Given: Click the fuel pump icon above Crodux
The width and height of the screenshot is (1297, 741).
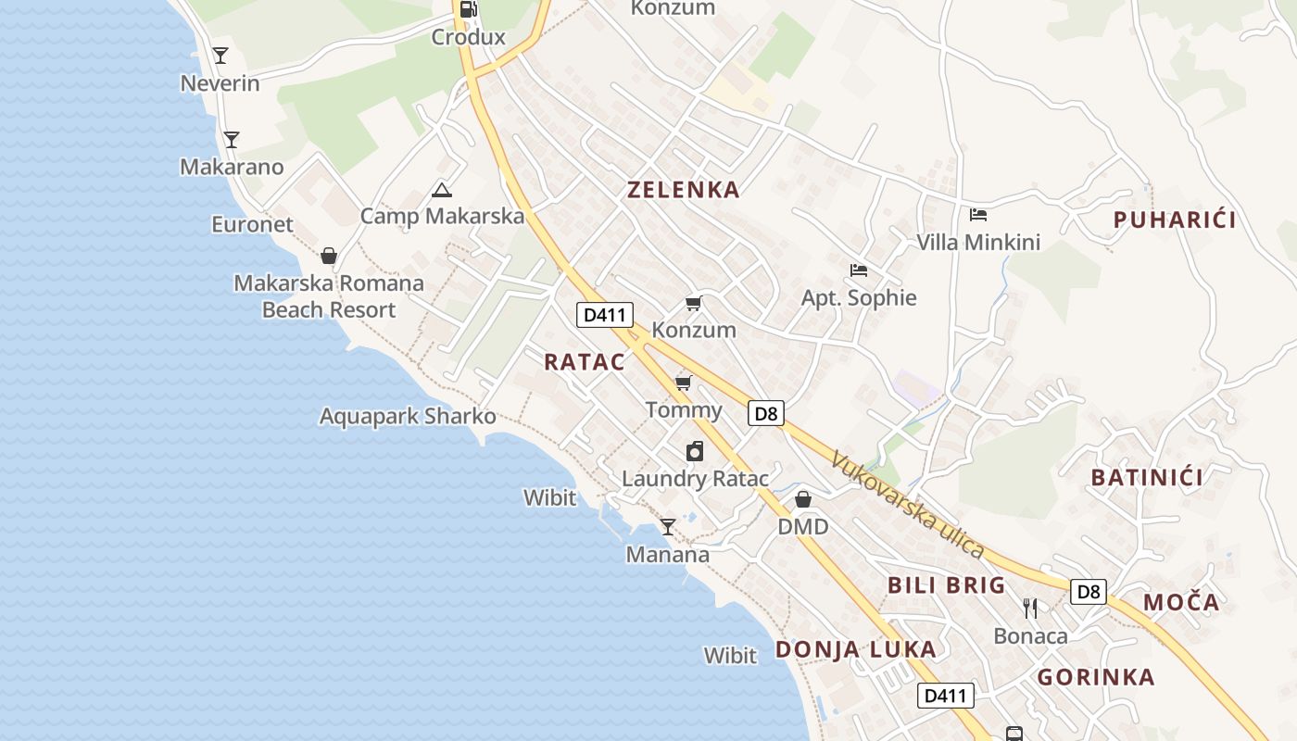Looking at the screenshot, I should pyautogui.click(x=469, y=10).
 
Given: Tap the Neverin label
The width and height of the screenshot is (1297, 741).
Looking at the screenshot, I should pyautogui.click(x=220, y=83).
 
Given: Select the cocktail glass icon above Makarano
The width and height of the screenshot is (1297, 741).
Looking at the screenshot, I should pyautogui.click(x=232, y=140).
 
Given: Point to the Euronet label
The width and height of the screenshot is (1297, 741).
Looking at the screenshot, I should pyautogui.click(x=252, y=224).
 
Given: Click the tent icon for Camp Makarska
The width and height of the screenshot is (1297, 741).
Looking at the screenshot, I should pyautogui.click(x=442, y=191).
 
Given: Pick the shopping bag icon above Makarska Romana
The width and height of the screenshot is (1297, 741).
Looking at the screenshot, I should pyautogui.click(x=328, y=256).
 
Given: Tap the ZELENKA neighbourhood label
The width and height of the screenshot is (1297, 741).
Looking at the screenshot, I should pyautogui.click(x=684, y=190).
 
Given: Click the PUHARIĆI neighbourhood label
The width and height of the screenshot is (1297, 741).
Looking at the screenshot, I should pyautogui.click(x=1175, y=220).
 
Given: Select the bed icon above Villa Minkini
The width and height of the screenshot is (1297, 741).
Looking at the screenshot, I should pyautogui.click(x=977, y=216).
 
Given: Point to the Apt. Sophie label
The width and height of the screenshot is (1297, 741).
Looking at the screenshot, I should pyautogui.click(x=859, y=297).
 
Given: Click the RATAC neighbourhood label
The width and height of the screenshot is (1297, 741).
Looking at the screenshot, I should pyautogui.click(x=585, y=362).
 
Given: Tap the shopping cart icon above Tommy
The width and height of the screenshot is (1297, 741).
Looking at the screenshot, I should pyautogui.click(x=683, y=383).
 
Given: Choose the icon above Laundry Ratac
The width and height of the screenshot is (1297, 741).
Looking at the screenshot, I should pyautogui.click(x=695, y=451).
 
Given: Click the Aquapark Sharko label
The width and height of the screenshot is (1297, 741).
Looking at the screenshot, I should pyautogui.click(x=408, y=416).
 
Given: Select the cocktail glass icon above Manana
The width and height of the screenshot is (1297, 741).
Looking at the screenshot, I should pyautogui.click(x=667, y=527).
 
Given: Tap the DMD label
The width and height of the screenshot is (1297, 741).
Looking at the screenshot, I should pyautogui.click(x=802, y=526).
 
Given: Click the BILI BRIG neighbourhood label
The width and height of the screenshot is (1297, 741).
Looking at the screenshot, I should pyautogui.click(x=946, y=585).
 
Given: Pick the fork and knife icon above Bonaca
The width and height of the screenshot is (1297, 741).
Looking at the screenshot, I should pyautogui.click(x=1029, y=608).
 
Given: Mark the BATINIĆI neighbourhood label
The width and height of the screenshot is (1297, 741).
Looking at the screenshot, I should pyautogui.click(x=1147, y=478).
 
